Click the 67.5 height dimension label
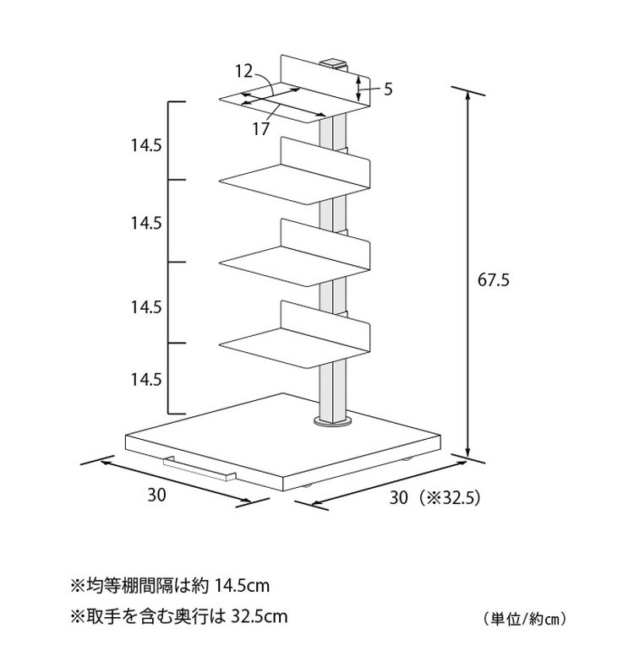[x=493, y=279]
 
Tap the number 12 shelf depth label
[x=243, y=71]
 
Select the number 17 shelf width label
[x=261, y=129]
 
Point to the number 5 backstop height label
[x=388, y=89]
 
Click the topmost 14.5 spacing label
[x=146, y=145]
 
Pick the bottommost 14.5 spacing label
[x=146, y=379]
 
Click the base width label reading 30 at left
[x=157, y=495]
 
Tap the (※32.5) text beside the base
[x=449, y=497]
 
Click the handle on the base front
[x=199, y=469]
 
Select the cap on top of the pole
[x=334, y=64]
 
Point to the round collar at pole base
[x=334, y=421]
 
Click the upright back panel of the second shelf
[x=325, y=162]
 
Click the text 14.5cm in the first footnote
[x=242, y=586]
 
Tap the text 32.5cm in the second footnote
[x=259, y=616]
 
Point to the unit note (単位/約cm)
[x=525, y=620]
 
